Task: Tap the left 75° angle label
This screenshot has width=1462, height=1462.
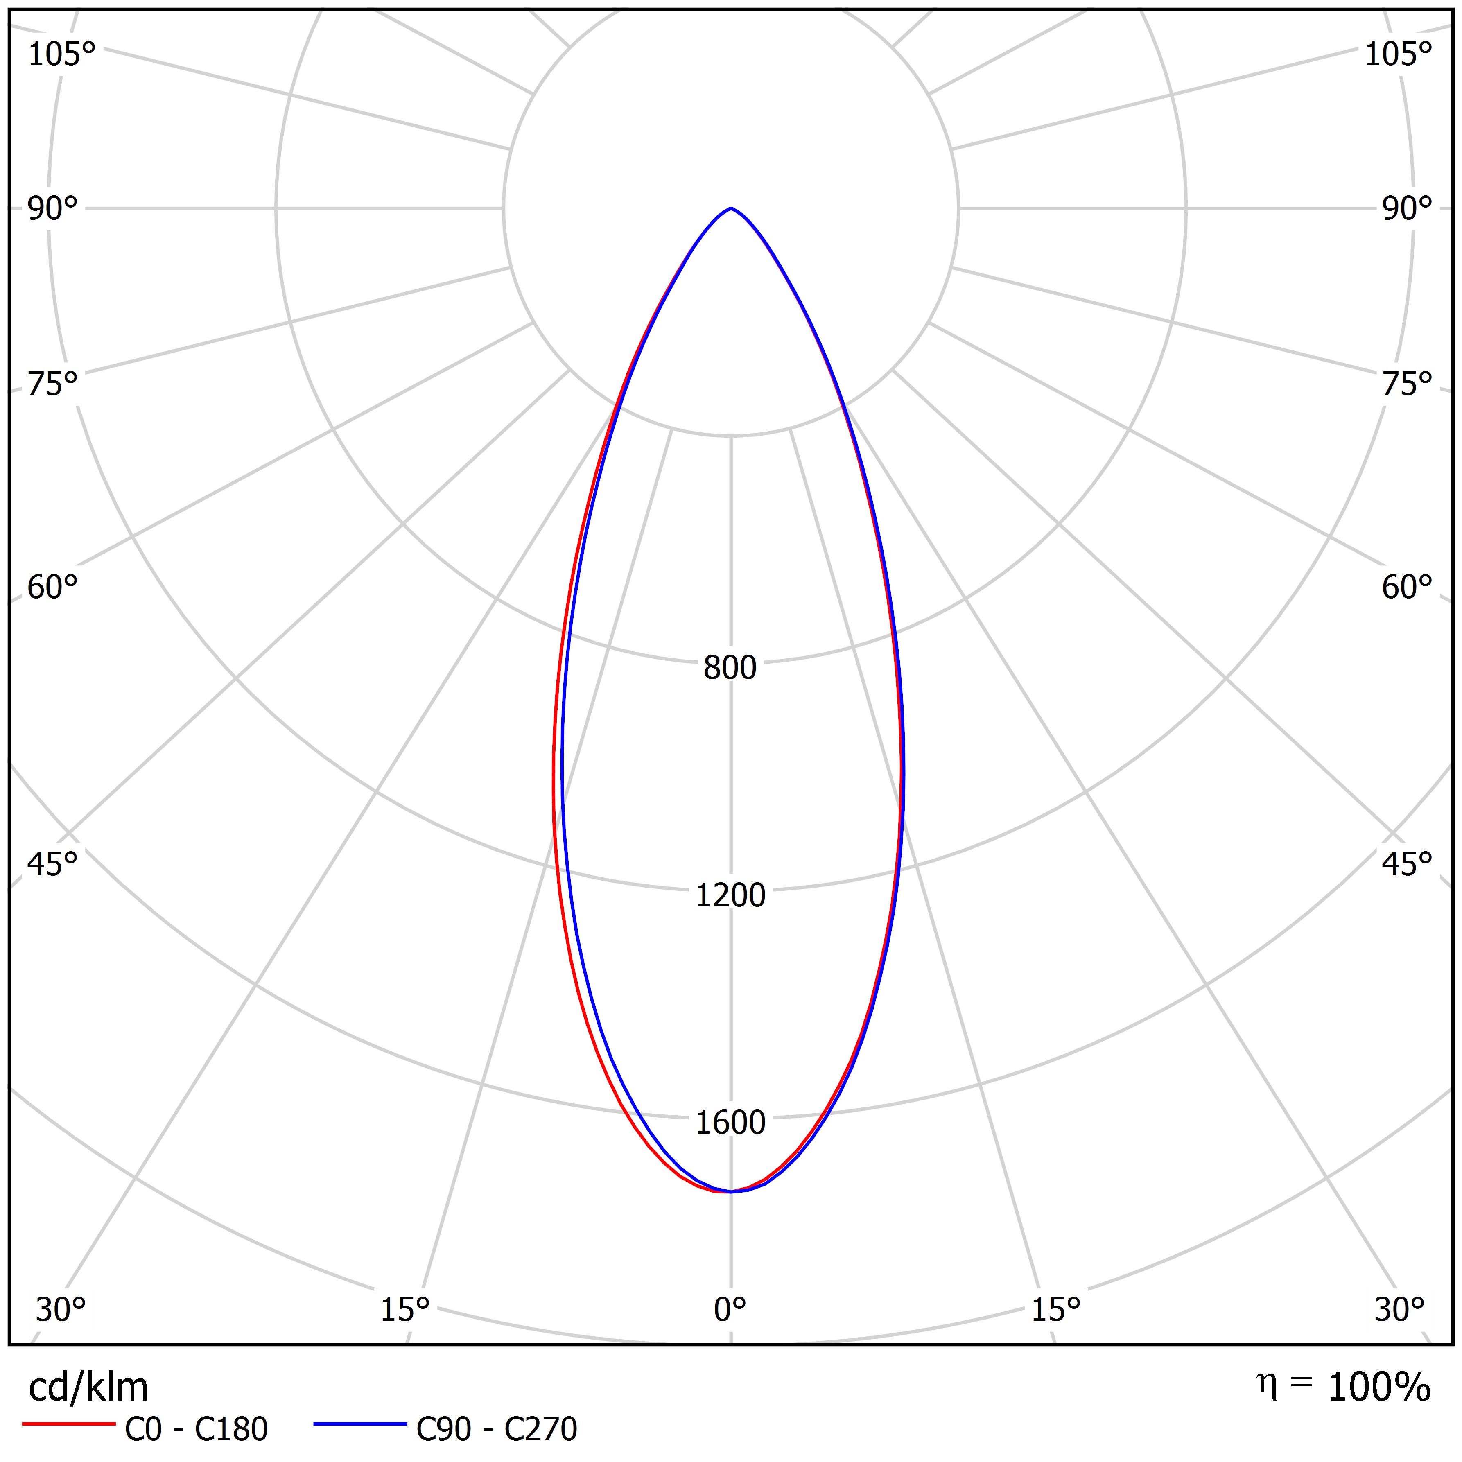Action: (52, 384)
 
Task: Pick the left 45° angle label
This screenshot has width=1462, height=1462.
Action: (52, 863)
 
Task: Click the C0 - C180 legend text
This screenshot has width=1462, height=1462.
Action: (196, 1429)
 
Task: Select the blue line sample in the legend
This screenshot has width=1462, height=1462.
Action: (360, 1424)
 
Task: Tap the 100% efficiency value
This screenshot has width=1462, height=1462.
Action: (1379, 1387)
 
